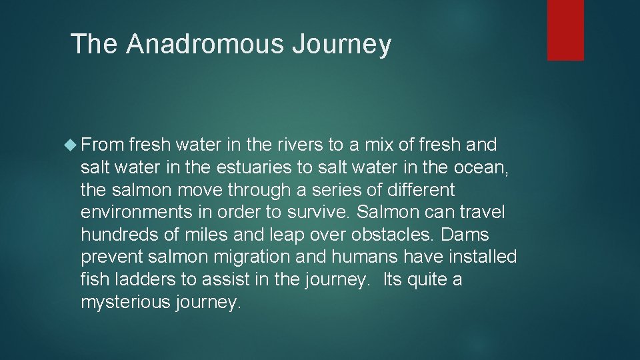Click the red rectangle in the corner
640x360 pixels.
pyautogui.click(x=565, y=30)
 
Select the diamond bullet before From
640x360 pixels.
pyautogui.click(x=73, y=145)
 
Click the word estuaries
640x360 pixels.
pyautogui.click(x=246, y=167)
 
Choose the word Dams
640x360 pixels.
pyautogui.click(x=465, y=235)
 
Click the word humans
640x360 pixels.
pyautogui.click(x=373, y=257)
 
